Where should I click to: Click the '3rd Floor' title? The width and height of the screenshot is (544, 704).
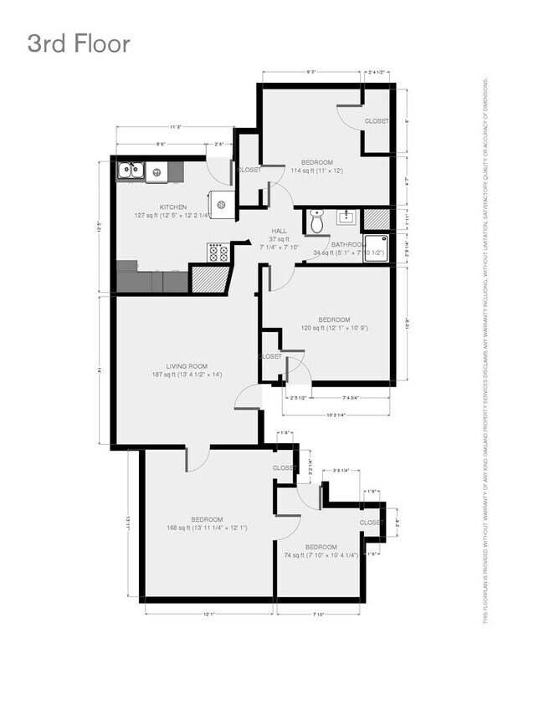pos(79,43)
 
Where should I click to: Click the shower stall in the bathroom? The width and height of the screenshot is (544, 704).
pos(377,249)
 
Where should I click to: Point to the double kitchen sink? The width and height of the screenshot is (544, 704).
pos(131,171)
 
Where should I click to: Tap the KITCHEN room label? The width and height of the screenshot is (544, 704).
pos(173,207)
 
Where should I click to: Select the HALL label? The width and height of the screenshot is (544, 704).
pos(279,230)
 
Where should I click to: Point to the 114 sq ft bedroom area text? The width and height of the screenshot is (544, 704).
pos(317,171)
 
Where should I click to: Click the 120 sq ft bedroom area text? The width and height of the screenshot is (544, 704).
pos(333,328)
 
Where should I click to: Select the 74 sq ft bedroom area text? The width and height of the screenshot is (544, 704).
pos(321,554)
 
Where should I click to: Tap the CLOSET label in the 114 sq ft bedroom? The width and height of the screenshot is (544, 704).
pos(377,121)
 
